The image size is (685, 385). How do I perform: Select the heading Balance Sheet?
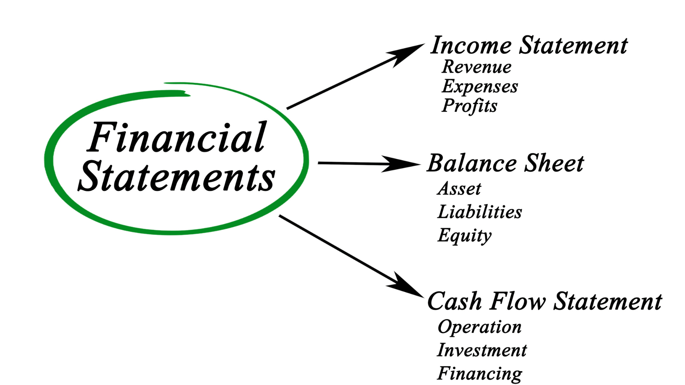506,163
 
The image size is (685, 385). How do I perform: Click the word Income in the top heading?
471,46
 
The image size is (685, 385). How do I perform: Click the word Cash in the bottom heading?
455,301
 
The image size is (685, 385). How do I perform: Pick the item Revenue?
477,67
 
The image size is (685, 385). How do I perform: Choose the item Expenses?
480,87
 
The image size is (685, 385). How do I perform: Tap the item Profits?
470,106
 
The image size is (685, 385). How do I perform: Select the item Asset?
459,189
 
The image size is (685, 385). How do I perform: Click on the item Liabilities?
480,212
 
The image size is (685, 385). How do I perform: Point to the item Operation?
479,327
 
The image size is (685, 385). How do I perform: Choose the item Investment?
482,350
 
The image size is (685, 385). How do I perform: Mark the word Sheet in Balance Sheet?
555,163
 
